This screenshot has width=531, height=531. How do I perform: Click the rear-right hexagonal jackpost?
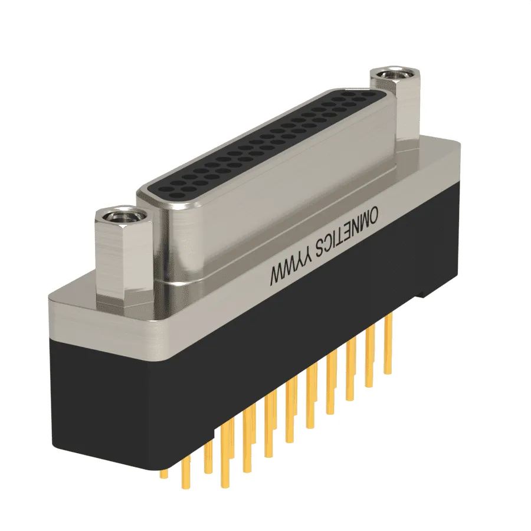pos(395,105)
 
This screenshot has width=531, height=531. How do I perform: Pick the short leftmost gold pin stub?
pos(164,474)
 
